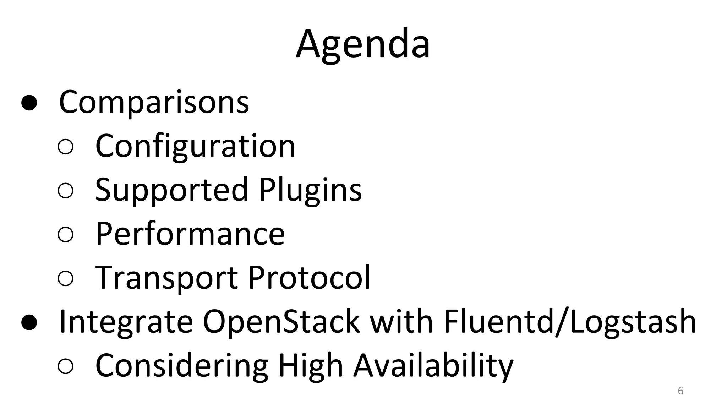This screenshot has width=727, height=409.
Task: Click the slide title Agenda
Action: point(363,44)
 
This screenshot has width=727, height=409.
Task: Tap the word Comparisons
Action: point(154,102)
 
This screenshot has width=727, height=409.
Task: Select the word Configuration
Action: point(195,146)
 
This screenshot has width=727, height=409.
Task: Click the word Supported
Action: point(171,190)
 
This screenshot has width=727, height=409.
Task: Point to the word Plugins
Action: point(310,190)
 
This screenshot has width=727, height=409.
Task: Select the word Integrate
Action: point(126,322)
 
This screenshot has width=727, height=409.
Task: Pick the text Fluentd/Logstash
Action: point(570,322)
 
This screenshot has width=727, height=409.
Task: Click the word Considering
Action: point(181,366)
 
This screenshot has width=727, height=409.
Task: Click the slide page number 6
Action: point(680,391)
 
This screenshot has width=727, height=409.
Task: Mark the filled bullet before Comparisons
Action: point(29,103)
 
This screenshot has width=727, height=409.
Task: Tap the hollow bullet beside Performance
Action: point(65,235)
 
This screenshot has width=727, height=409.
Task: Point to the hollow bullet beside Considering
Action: point(65,366)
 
